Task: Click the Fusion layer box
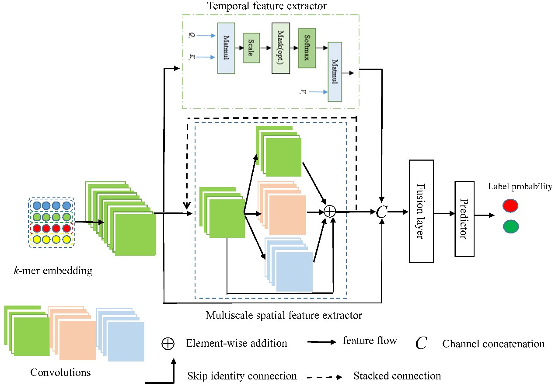(x=421, y=211)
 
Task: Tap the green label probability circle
(x=510, y=226)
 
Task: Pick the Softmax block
(x=307, y=48)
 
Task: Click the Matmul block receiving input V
(x=335, y=71)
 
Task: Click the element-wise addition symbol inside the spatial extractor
(x=330, y=212)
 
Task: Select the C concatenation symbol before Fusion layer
(x=382, y=212)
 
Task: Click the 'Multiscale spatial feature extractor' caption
(x=284, y=315)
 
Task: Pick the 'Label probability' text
(x=520, y=187)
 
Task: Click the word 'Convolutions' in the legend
(x=60, y=372)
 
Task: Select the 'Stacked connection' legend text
(x=397, y=376)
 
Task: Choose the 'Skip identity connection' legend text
(x=242, y=376)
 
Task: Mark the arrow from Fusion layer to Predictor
(x=444, y=213)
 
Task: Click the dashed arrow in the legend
(x=325, y=376)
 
